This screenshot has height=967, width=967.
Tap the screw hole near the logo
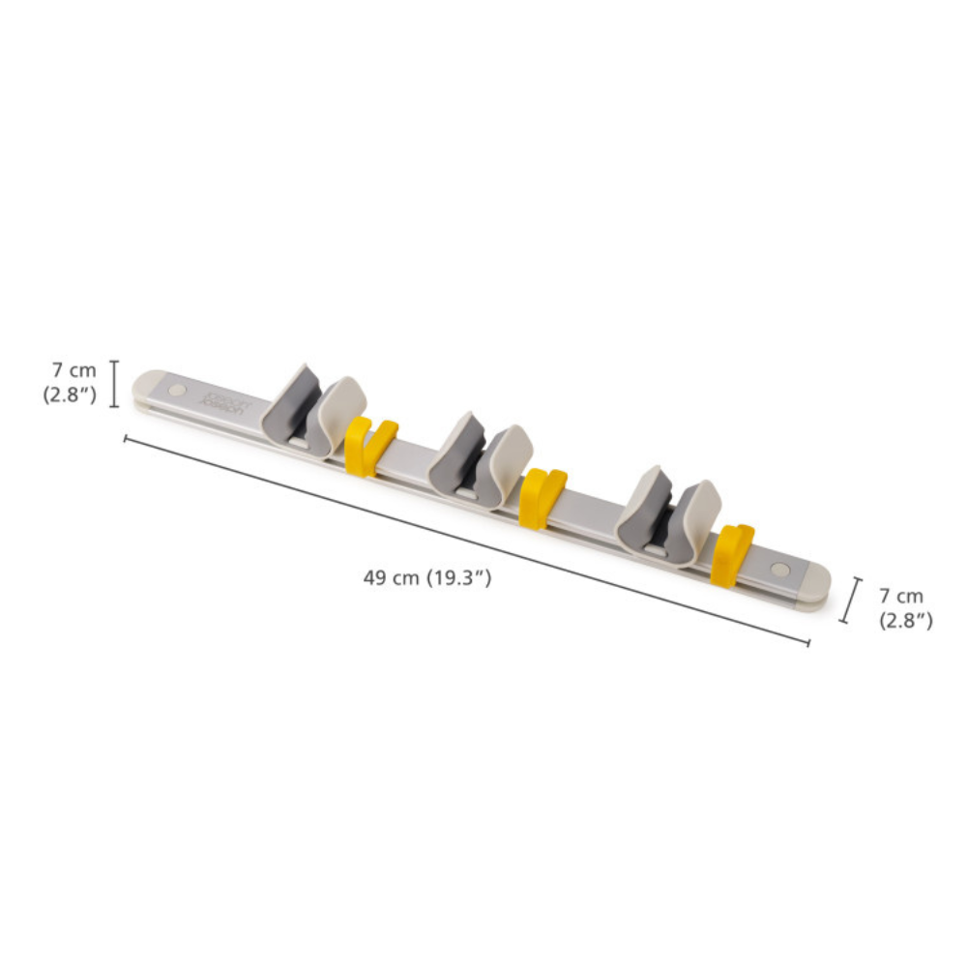coord(176,389)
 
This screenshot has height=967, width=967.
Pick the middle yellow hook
coord(540,496)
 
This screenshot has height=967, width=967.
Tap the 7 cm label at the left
coord(74,370)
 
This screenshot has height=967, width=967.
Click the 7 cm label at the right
coord(901,597)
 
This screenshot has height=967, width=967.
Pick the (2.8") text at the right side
coord(905,621)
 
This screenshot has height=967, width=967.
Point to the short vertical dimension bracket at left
coord(114,384)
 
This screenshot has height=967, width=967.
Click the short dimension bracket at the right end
coord(851,600)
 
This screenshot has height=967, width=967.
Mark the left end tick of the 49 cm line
coord(126,438)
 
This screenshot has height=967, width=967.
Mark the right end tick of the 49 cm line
coord(808,643)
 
